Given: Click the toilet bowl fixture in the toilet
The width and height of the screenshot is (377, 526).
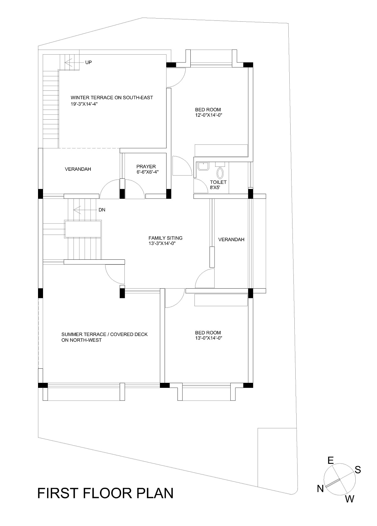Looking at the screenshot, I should coord(220,172).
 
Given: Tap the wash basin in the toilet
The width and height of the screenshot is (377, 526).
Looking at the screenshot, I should coord(203,166).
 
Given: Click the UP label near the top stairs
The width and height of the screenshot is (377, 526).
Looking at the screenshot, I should coord(88,62).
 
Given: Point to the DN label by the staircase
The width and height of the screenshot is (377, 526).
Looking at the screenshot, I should coord(102,210).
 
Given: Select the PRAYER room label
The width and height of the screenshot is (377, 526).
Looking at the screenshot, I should coord(146,166).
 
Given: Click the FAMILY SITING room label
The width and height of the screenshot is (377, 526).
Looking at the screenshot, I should coord(165,238).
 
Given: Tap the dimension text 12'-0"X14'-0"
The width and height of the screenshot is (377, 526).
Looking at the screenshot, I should coord(209,115).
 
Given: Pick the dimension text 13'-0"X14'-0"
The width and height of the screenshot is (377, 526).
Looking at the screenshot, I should coord(209,338).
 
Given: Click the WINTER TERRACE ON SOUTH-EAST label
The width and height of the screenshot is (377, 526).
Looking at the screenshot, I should coord(112,98).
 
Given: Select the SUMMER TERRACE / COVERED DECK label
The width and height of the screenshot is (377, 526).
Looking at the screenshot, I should coord(104,334).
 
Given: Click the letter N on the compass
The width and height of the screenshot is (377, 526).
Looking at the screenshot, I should coord(320,489).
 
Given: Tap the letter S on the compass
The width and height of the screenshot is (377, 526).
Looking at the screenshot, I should coord(358,470).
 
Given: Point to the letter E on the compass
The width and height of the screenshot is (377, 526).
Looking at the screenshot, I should coord(331,460).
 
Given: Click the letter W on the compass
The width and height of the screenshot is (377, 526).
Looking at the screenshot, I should coord(349,499).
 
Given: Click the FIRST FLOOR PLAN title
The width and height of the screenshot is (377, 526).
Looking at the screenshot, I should coord(105,493).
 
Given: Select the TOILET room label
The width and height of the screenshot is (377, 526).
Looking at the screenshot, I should coord(218,182).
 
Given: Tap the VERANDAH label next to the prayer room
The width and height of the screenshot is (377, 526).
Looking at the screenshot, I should coord(78,169).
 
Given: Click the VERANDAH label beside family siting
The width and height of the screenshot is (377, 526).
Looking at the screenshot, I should coord(231,240).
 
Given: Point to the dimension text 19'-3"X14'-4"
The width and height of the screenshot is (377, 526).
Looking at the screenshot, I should coord(87,104).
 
